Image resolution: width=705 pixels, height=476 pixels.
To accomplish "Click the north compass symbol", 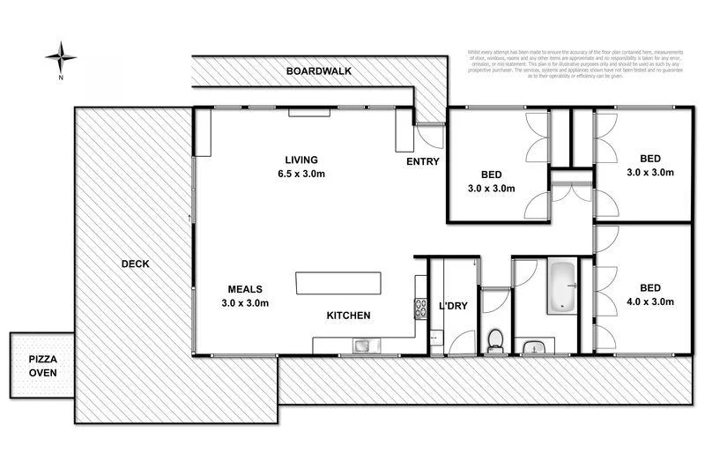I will tap(60, 58).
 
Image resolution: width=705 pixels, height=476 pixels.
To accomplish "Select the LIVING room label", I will tap(301, 160).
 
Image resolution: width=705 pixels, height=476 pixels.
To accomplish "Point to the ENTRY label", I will tap(422, 162).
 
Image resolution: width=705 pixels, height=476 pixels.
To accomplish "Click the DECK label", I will tap(135, 264).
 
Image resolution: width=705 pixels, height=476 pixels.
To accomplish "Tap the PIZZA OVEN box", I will tap(42, 366).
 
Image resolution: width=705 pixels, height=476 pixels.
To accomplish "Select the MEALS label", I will tap(246, 289).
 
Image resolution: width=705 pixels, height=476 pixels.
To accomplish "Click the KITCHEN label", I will tap(348, 316).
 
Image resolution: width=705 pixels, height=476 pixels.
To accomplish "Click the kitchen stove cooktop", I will tap(419, 308).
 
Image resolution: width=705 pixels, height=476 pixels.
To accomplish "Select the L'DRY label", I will tap(452, 307).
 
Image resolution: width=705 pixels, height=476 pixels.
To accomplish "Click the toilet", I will tap(495, 338).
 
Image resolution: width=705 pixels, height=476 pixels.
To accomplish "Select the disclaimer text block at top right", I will tap(584, 63).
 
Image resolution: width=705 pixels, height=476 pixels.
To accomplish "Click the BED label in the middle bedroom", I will tap(492, 174).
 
